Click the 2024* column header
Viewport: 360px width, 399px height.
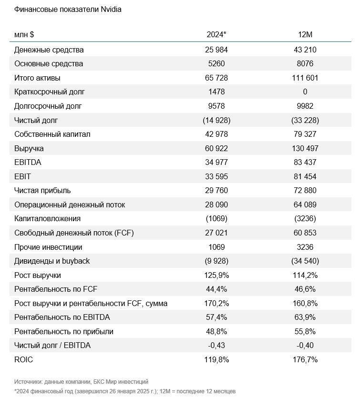click(x=216, y=34)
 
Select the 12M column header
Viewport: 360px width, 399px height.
click(x=305, y=34)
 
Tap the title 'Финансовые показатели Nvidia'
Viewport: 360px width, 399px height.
click(x=68, y=10)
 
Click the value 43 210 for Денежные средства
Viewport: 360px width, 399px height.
click(x=305, y=50)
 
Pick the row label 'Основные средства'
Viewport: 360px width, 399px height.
click(x=49, y=63)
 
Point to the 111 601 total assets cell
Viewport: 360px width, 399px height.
click(x=305, y=78)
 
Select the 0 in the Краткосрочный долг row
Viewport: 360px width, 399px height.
click(x=305, y=92)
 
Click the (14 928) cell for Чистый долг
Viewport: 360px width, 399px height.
click(x=216, y=120)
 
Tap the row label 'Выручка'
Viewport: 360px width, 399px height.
click(x=29, y=148)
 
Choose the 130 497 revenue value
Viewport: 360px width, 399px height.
click(x=305, y=148)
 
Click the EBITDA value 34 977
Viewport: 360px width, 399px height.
click(x=216, y=163)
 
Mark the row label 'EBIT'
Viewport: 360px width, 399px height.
click(x=22, y=176)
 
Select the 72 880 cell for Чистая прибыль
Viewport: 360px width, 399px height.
click(x=305, y=191)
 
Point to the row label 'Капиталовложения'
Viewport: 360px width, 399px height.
click(x=47, y=219)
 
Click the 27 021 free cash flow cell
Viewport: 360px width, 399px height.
click(x=216, y=233)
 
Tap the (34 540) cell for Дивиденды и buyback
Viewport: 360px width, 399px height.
click(x=305, y=261)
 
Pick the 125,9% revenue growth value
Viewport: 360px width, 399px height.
click(x=216, y=276)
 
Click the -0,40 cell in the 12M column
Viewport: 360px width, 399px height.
click(x=305, y=346)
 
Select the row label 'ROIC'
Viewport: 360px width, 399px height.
click(x=23, y=360)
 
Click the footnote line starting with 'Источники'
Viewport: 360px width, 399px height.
click(x=81, y=382)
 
